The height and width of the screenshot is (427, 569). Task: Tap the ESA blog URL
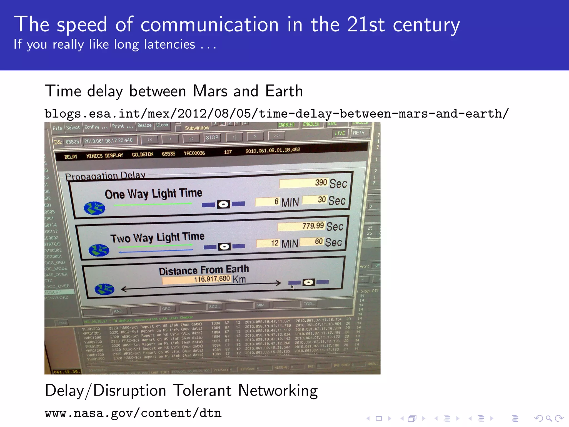276,114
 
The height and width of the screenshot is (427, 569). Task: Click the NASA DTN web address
133,413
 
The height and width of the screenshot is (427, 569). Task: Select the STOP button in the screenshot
212,138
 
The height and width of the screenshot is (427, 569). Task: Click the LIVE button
340,133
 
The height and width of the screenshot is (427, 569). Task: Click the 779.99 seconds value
301,226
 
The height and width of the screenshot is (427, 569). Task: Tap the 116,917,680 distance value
196,279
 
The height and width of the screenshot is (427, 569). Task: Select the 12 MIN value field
268,243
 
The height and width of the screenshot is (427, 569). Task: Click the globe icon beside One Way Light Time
94,208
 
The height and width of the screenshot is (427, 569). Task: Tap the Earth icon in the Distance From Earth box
104,289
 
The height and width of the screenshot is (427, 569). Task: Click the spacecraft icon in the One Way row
223,205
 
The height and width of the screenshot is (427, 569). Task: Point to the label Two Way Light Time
157,238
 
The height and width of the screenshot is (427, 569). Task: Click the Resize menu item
144,126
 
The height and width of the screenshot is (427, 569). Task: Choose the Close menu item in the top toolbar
162,125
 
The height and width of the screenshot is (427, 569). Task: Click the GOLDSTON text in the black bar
143,155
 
